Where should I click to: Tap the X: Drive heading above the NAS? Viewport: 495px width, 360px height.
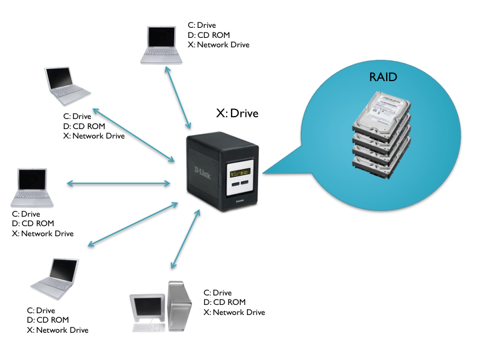tap(237, 113)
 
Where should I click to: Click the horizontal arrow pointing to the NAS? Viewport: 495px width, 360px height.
tap(118, 184)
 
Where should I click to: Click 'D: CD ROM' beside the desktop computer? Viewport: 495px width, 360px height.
tap(226, 303)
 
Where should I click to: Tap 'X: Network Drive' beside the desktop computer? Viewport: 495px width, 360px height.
tap(234, 312)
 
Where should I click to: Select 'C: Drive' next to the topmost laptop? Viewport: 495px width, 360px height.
tap(201, 25)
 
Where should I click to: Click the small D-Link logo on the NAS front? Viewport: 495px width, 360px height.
tap(241, 202)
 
